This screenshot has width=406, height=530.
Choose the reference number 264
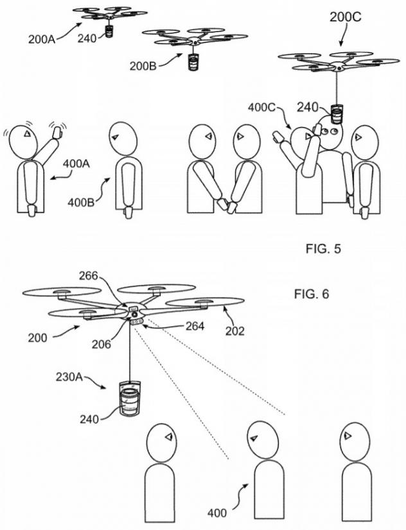[x=191, y=327]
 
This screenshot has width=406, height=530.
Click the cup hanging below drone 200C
[x=337, y=113]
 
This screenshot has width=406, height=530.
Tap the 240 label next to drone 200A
[x=86, y=38]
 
